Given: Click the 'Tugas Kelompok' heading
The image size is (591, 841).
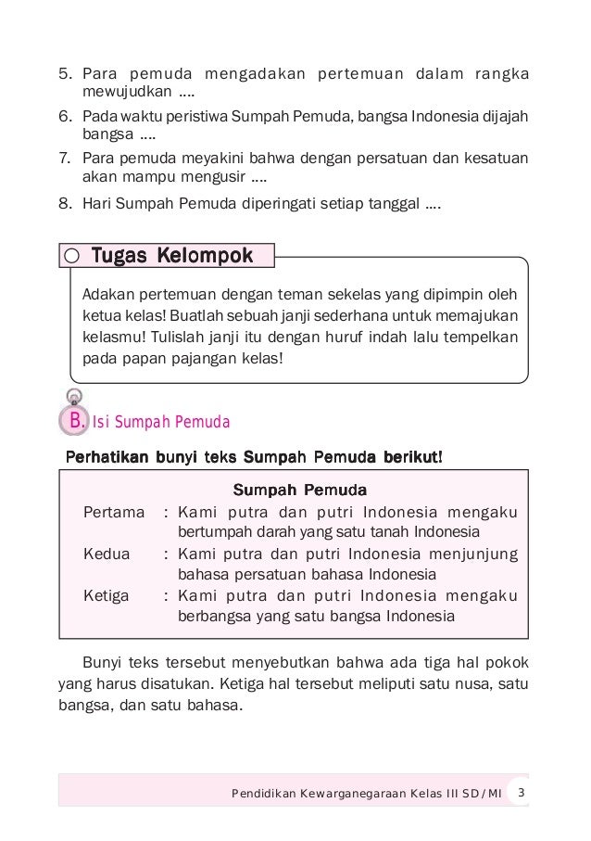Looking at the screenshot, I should pos(169,255).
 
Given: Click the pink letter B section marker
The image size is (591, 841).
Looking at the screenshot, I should pos(73,422).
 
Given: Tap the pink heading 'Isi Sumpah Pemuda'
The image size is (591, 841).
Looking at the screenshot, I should pos(163,424).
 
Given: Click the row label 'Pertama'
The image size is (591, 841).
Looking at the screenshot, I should pos(113,511).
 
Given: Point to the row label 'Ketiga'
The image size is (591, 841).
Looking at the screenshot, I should pos(107,595).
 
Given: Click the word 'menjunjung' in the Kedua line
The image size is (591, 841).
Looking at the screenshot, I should pos(472,554).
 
